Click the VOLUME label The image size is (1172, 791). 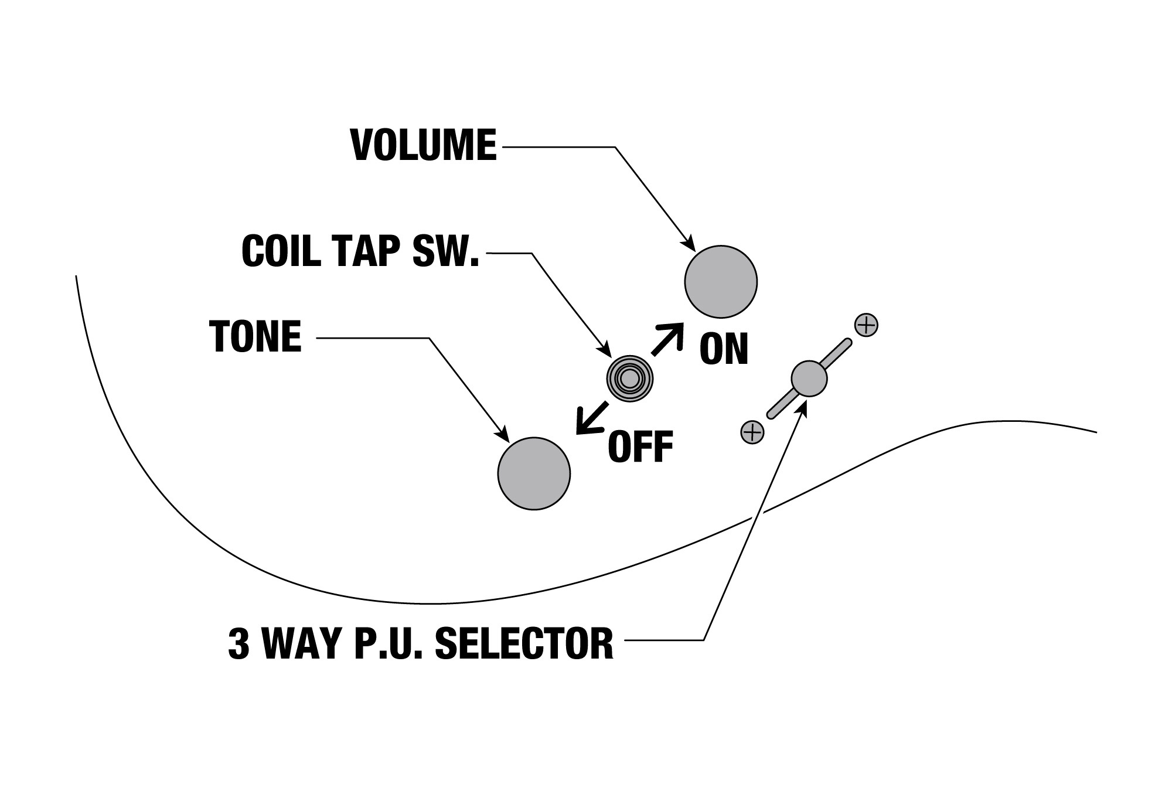[423, 145]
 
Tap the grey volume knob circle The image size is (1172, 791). [721, 282]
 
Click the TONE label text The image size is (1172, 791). [255, 336]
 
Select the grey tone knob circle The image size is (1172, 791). [534, 473]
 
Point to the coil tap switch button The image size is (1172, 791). [629, 379]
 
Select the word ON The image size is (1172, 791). [724, 349]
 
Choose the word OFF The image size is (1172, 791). [640, 447]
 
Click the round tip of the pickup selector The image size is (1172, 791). [809, 379]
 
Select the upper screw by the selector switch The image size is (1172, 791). [866, 325]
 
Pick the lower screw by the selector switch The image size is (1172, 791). [752, 432]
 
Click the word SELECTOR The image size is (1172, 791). [524, 643]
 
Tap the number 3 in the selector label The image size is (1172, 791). [239, 643]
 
